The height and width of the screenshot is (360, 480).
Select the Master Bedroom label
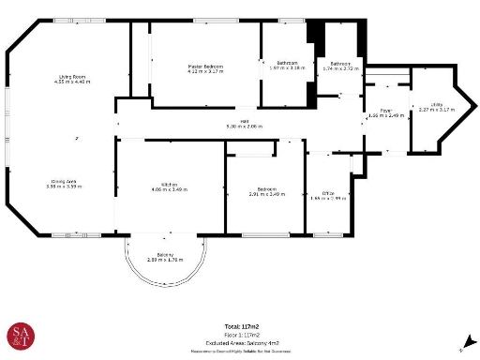coord(203,66)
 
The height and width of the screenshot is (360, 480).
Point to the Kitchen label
coord(169,185)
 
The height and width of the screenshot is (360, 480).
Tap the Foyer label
coord(384,111)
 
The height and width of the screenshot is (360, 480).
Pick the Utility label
coord(437,105)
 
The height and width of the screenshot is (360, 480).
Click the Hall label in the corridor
coord(243,121)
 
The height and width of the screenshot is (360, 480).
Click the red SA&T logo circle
coord(22,336)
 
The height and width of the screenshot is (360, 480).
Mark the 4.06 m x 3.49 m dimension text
coord(169,190)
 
